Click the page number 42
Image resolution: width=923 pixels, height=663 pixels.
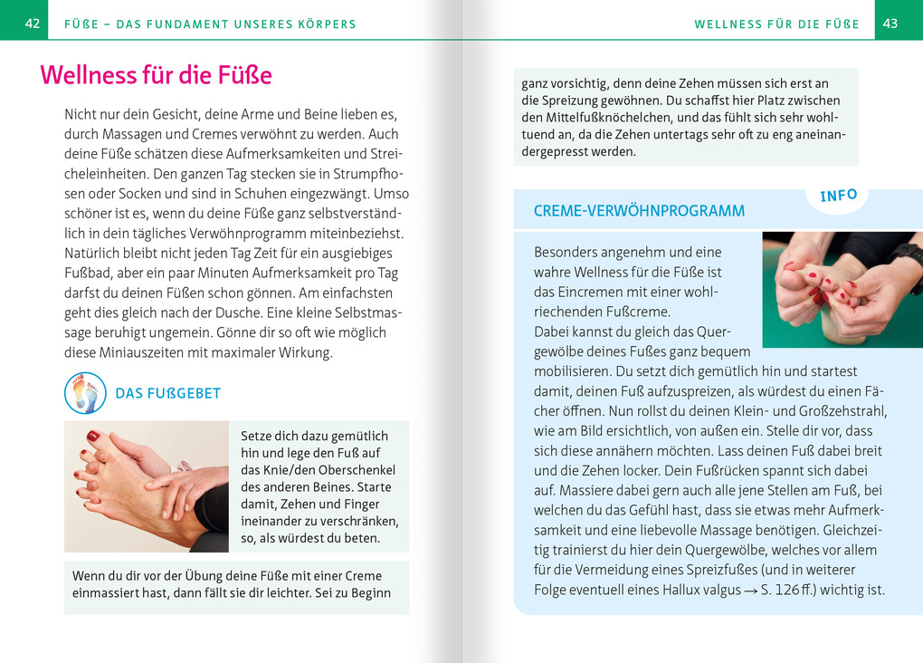point(33,24)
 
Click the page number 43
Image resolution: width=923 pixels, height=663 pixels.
point(890,24)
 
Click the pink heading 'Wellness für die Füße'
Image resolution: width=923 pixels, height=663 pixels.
point(156,74)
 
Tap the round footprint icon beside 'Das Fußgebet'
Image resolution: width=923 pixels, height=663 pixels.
point(86,393)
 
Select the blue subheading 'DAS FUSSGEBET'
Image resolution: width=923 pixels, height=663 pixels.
point(168,394)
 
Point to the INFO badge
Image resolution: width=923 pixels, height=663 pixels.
point(839,196)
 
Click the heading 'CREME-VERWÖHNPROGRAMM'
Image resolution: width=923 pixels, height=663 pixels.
point(639,211)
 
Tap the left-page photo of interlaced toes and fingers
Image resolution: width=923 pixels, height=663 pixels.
point(146,486)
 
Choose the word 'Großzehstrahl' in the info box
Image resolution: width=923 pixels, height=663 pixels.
point(842,410)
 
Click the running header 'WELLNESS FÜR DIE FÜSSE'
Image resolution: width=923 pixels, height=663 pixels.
point(776,24)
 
